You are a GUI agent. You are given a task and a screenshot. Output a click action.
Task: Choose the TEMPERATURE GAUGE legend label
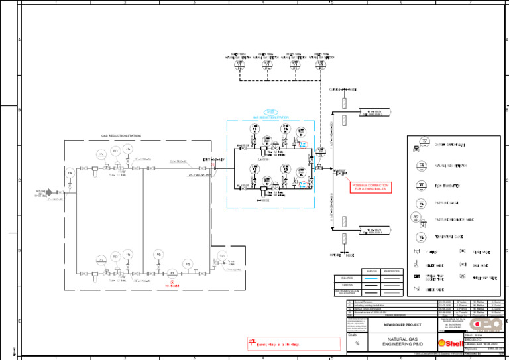pos(449,237)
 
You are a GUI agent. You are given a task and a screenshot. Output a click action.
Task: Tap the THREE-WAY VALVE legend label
pos(485,276)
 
